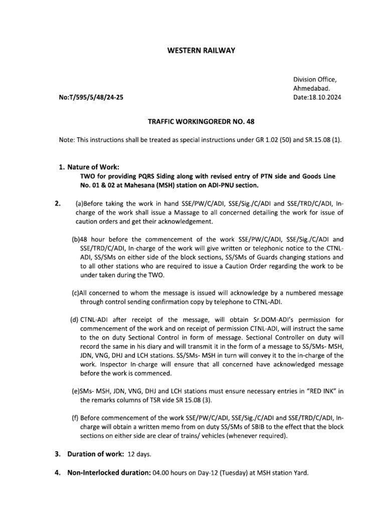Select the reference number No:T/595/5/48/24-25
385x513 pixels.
click(90, 98)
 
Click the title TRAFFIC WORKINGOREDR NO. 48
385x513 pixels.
click(192, 121)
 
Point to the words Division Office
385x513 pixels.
click(315, 80)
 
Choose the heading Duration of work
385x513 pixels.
click(94, 454)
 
